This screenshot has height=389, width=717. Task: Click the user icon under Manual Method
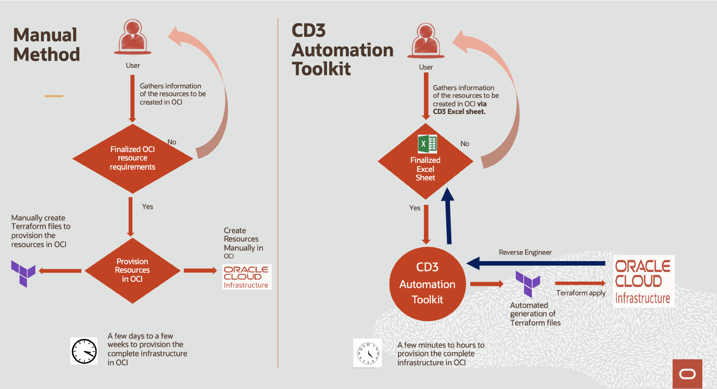click(x=133, y=37)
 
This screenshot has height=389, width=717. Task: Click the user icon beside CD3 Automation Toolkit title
click(x=426, y=40)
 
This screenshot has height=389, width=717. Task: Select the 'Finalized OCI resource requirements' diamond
click(x=132, y=158)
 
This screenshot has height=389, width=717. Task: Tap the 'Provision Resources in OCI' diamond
click(x=132, y=270)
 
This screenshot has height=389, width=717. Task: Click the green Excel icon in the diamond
click(x=427, y=144)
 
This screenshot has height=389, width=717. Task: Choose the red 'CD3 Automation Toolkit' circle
click(x=427, y=284)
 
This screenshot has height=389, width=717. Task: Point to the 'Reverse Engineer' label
click(x=525, y=252)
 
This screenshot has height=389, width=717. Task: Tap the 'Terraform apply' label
click(x=581, y=293)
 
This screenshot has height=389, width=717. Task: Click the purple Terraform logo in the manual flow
click(x=23, y=273)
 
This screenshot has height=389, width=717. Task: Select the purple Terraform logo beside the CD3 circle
click(x=528, y=283)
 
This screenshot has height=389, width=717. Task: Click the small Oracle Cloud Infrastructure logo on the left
click(x=246, y=277)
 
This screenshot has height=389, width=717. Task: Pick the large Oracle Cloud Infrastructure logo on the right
click(x=643, y=281)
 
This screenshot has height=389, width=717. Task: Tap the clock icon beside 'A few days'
click(x=84, y=351)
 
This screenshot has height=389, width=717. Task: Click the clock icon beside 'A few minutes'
click(x=368, y=353)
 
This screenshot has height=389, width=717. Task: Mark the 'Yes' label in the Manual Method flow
click(x=147, y=207)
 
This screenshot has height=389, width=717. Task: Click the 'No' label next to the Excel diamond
click(x=465, y=144)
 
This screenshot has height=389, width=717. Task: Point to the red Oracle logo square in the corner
click(x=687, y=374)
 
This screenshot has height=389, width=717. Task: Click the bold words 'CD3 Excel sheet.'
click(x=459, y=112)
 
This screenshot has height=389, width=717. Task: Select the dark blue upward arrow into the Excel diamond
click(x=448, y=216)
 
